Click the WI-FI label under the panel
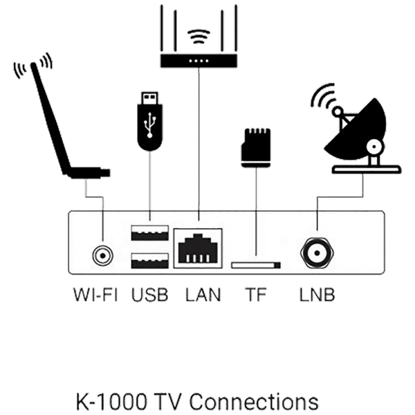tap(95, 295)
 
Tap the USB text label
tap(150, 295)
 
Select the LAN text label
tap(203, 295)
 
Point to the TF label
tap(256, 295)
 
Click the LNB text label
tap(317, 295)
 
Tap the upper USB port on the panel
tap(150, 233)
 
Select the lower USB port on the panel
tap(150, 261)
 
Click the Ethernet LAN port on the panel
tap(198, 248)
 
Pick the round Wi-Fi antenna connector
tap(102, 256)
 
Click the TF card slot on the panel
tap(256, 265)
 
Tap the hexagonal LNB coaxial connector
tap(317, 253)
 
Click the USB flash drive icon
tap(150, 122)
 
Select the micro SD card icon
tap(256, 148)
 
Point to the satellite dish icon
tap(356, 129)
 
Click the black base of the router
tap(199, 61)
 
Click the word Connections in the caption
tap(254, 401)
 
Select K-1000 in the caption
tap(111, 401)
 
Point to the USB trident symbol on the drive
tap(150, 125)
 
